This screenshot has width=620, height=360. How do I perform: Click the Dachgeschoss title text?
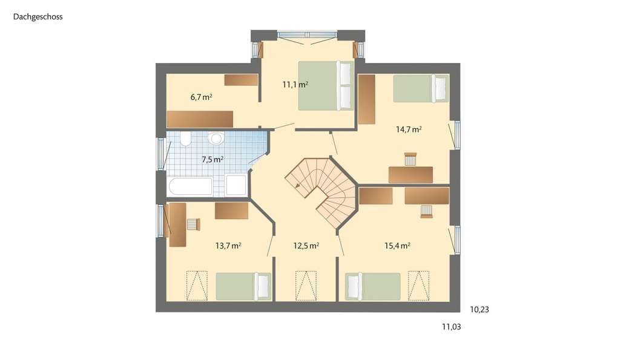click(38, 17)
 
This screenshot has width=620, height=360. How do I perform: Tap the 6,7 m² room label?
click(201, 97)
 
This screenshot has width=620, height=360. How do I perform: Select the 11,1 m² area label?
click(295, 85)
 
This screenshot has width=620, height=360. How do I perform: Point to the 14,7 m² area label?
click(409, 129)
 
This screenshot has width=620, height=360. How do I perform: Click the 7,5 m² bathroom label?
click(213, 160)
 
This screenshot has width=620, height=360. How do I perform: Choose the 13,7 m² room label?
click(228, 246)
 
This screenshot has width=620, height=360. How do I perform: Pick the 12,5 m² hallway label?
click(306, 246)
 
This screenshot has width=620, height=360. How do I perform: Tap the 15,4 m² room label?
click(398, 246)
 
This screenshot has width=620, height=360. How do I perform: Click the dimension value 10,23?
click(479, 309)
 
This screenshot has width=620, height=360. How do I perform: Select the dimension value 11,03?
click(451, 327)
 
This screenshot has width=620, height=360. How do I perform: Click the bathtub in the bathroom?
click(190, 186)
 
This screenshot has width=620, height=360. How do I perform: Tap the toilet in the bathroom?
click(185, 140)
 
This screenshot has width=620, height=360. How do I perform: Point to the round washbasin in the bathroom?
click(215, 139)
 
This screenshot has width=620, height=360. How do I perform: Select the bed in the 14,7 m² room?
click(421, 88)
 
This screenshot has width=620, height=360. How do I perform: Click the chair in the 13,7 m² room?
click(193, 224)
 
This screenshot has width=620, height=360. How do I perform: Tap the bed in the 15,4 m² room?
click(372, 286)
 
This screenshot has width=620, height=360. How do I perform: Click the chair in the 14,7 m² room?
click(411, 159)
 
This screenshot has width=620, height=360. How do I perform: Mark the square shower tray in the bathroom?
click(236, 185)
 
